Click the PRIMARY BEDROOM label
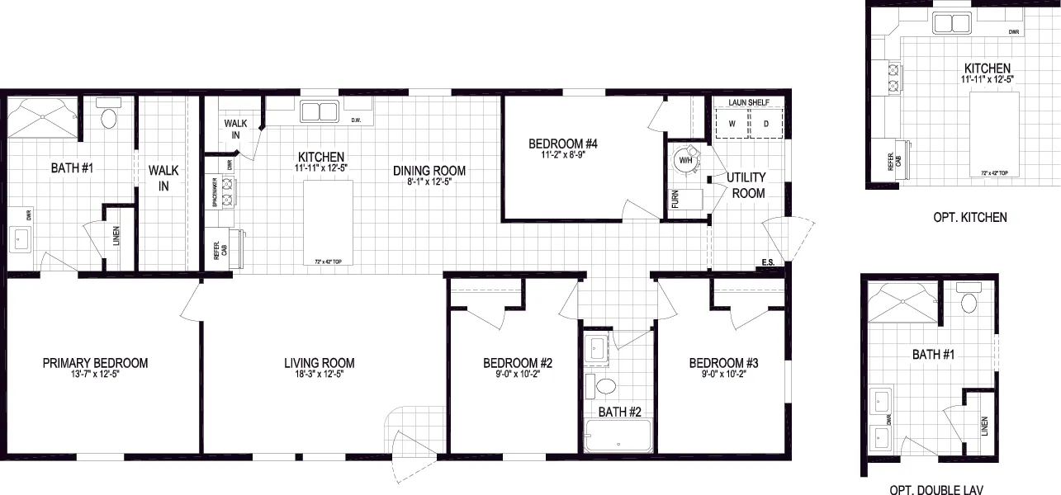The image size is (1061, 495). point(96,363)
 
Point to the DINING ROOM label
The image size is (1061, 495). point(429,171)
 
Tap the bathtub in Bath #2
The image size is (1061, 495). point(617,436)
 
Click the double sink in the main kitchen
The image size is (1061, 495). point(320,111)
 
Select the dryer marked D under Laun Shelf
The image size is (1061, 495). point(765,124)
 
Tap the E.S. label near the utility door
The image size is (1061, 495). point(768,264)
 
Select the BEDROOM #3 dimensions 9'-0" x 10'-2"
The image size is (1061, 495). point(723,375)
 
